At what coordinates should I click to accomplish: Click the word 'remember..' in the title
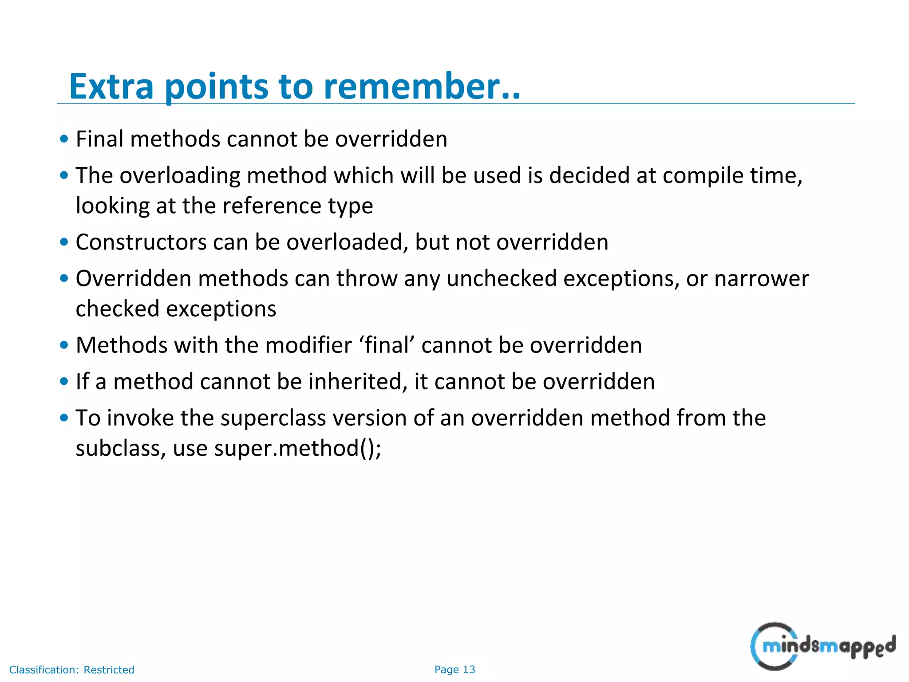coord(422,86)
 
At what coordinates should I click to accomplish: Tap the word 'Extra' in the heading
coord(111,86)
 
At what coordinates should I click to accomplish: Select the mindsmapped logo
coord(822,646)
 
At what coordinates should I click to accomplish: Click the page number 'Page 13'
coord(454,670)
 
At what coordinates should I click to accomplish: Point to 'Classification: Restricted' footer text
coord(71,670)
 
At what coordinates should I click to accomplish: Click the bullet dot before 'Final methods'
coord(64,139)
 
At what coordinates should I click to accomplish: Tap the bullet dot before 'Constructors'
coord(64,242)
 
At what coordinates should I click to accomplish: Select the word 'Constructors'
coord(141,242)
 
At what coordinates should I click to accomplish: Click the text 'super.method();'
coord(297,448)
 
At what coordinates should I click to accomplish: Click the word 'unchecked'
coord(502,279)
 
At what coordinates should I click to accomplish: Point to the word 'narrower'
coord(762,279)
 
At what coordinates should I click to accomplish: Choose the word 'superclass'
coord(272,418)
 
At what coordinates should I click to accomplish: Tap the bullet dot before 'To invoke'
coord(64,418)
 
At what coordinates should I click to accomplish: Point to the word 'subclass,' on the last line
coord(121,448)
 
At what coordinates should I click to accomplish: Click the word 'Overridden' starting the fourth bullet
coord(133,279)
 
